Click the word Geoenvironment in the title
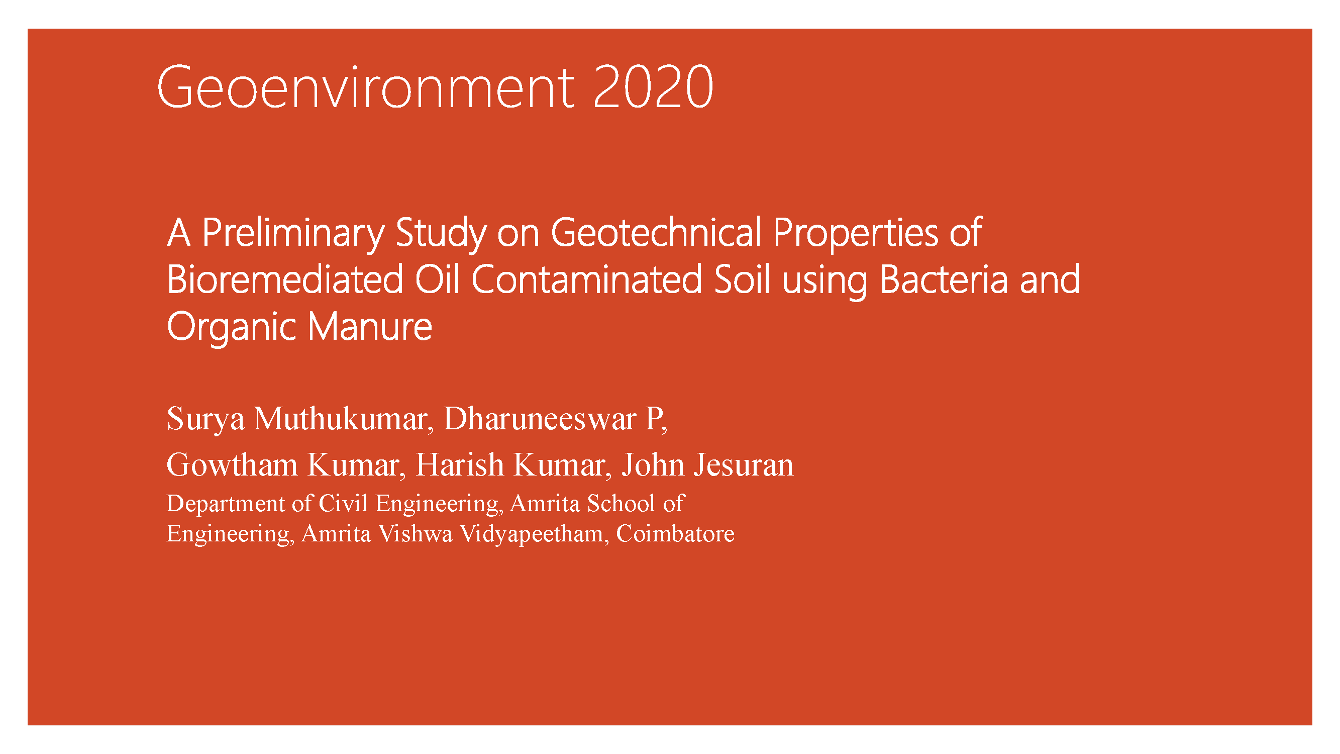tap(365, 87)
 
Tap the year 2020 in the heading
tap(653, 87)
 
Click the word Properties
tap(856, 234)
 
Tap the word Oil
tap(437, 280)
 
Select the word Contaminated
tap(587, 280)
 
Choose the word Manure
tap(370, 327)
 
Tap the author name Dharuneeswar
tap(540, 418)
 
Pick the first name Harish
tap(460, 464)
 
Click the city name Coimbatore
tap(675, 533)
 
